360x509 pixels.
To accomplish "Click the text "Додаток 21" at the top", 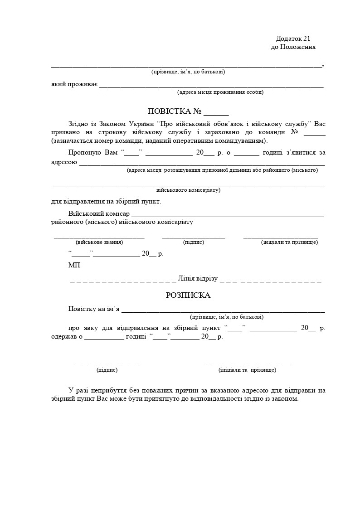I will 293,39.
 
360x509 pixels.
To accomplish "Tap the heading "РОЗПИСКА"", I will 188,295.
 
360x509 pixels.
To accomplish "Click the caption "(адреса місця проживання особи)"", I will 220,92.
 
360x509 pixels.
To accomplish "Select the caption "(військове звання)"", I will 99,242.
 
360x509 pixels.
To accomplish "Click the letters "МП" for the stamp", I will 74,265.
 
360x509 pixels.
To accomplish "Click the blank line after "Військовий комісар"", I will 228,216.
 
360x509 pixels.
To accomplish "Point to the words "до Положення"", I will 293,47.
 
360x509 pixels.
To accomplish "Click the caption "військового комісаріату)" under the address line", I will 188,190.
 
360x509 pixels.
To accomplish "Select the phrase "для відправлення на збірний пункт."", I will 106,202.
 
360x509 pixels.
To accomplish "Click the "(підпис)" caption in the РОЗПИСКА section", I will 107,370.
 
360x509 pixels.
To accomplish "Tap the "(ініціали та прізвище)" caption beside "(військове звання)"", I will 289,242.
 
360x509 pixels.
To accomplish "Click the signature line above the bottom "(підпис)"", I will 107,364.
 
